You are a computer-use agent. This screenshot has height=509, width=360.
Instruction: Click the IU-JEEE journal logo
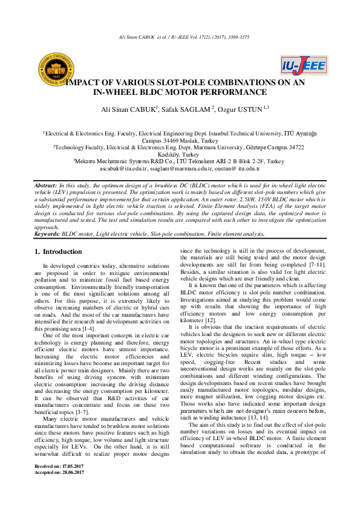pos(303,66)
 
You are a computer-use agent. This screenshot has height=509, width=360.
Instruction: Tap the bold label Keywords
pos(47,233)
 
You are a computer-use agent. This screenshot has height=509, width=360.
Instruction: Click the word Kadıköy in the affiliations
pos(171,154)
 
